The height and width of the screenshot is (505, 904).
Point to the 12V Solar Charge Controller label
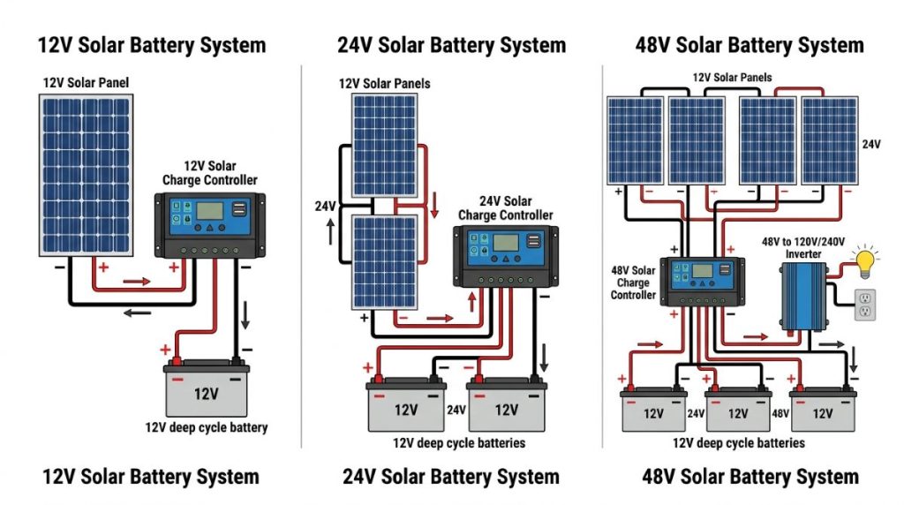(x=210, y=173)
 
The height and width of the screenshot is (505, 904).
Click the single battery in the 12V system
(x=206, y=391)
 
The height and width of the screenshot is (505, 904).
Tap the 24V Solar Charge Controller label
(x=506, y=208)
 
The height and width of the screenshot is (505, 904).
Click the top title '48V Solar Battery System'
(x=750, y=45)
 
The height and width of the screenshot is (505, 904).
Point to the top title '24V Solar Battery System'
(x=451, y=45)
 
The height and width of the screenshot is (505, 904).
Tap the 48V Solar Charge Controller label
(x=634, y=283)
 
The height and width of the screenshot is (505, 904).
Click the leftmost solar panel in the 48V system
(x=635, y=140)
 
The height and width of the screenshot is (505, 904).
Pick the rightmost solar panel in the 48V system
(x=829, y=140)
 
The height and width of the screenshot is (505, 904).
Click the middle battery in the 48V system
(x=738, y=410)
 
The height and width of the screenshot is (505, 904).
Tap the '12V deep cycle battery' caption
(x=207, y=427)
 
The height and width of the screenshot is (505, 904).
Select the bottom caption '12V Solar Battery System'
(x=151, y=478)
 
